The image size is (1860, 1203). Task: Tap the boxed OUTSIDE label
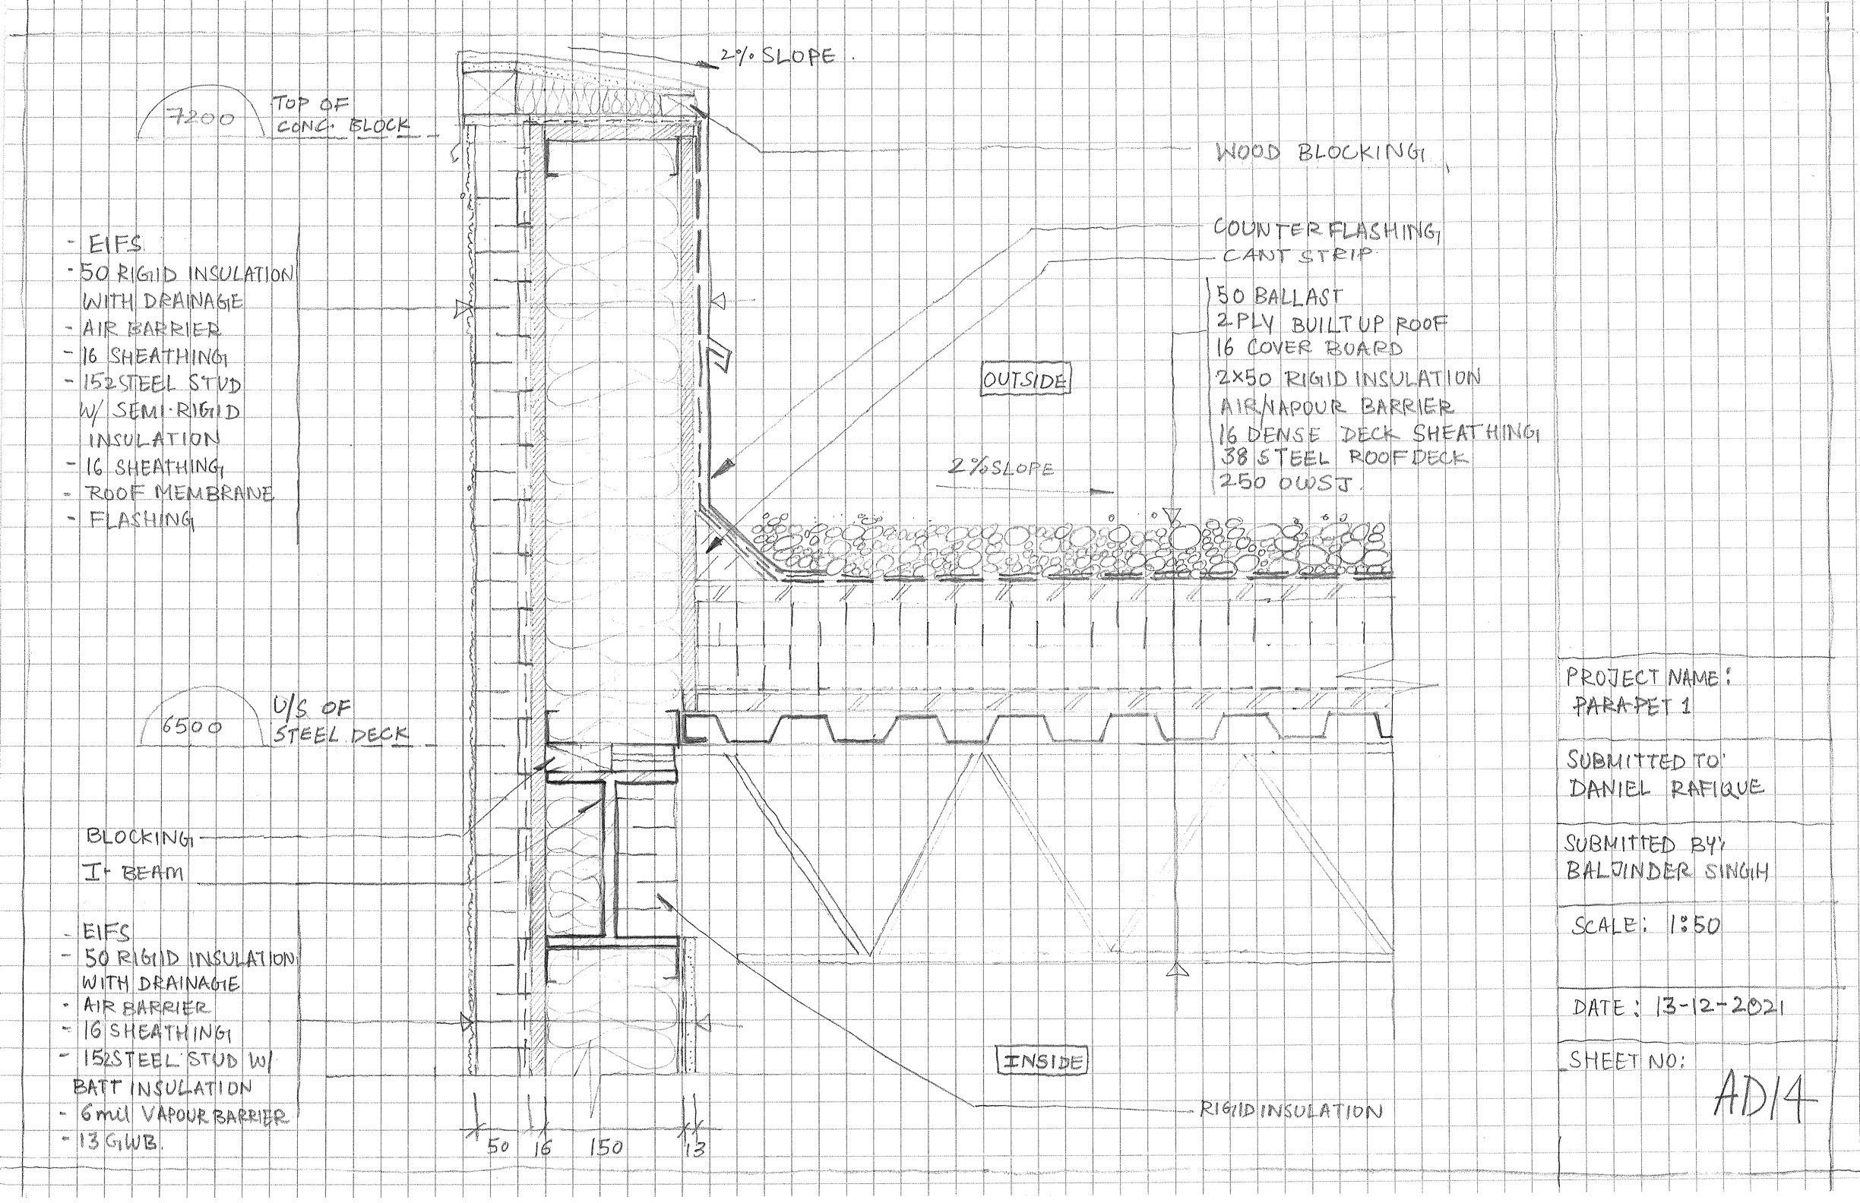click(1025, 381)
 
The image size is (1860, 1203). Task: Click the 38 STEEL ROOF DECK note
click(1341, 457)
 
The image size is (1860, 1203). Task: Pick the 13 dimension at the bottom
click(694, 1149)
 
